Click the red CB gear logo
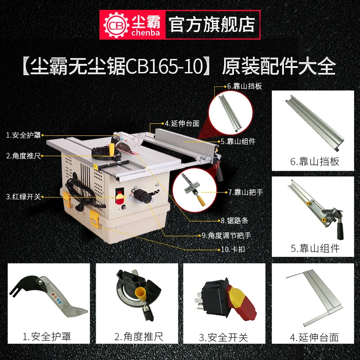pos(113,23)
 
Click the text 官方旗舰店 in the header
pos(211,23)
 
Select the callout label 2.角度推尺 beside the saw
pos(23,156)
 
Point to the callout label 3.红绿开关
pos(23,196)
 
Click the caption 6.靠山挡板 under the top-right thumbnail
pos(315,162)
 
